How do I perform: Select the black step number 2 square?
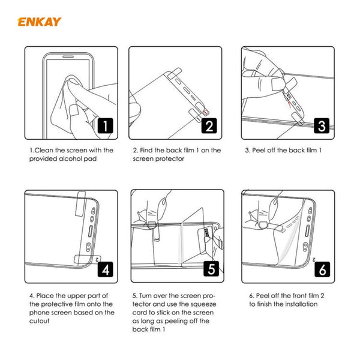[x=208, y=125]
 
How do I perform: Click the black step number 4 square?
[x=105, y=268]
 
